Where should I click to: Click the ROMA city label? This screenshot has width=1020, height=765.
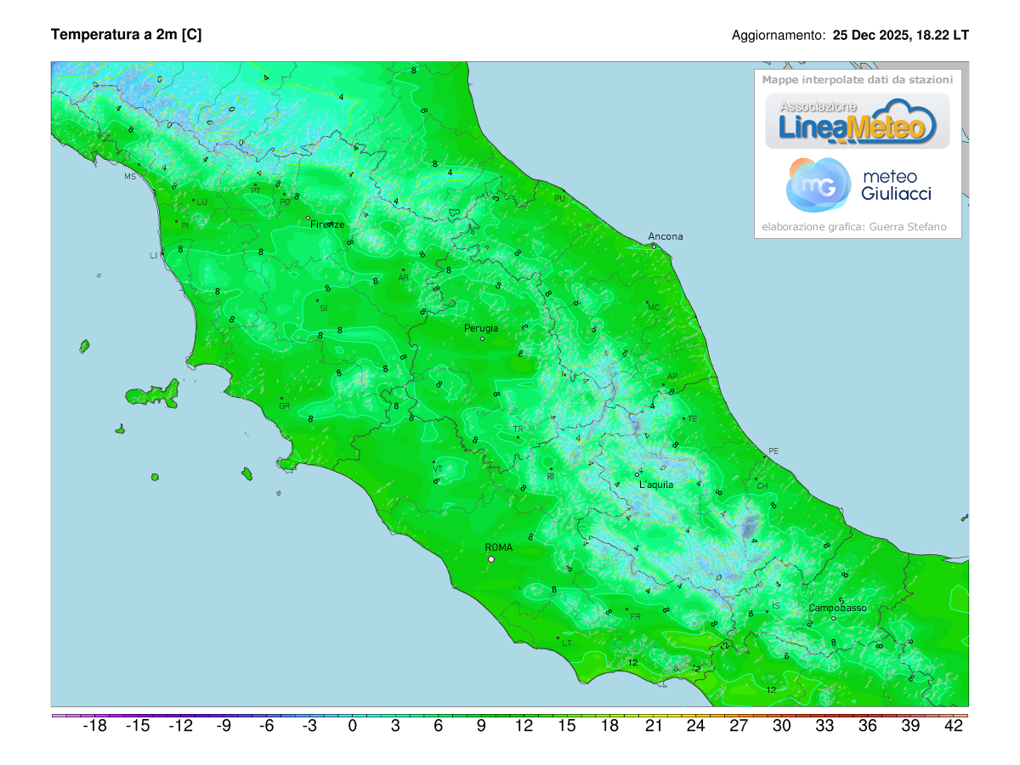click(498, 547)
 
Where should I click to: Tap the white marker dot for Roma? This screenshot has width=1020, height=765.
click(491, 559)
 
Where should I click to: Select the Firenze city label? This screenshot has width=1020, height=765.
click(327, 224)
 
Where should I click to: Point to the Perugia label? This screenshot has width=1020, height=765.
click(481, 328)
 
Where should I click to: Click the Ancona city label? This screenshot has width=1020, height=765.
click(665, 236)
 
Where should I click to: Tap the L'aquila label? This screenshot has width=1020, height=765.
click(655, 484)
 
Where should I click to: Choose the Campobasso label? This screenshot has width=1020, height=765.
click(837, 608)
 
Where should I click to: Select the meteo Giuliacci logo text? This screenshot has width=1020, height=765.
click(896, 185)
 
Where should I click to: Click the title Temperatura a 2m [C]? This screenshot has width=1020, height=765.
click(126, 35)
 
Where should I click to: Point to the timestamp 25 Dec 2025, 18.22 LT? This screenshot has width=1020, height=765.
click(900, 36)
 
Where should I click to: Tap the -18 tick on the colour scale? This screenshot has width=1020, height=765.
click(93, 727)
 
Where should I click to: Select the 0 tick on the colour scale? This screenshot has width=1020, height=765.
click(353, 727)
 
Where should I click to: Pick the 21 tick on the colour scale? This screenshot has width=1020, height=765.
click(653, 727)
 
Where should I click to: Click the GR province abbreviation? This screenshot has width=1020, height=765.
click(285, 405)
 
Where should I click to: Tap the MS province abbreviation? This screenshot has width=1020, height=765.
click(130, 177)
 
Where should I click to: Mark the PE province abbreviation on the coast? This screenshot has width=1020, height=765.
click(773, 450)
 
